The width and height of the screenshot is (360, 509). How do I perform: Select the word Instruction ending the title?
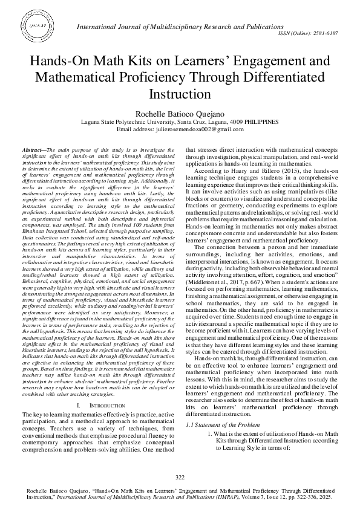179,95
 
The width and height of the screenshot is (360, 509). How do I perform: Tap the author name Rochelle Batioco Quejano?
180,113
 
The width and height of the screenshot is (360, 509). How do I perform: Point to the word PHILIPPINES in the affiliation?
261,122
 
